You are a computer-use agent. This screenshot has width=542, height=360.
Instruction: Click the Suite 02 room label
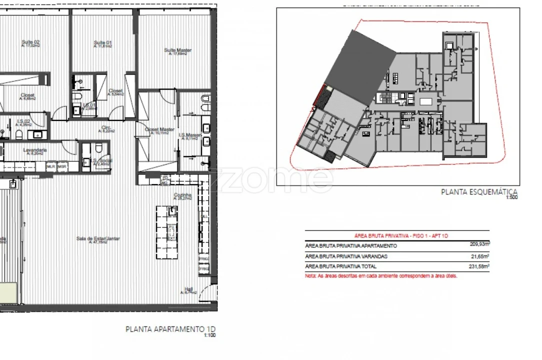tap(30, 42)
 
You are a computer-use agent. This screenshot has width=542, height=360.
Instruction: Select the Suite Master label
tap(178, 50)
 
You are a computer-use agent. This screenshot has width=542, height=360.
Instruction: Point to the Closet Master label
tap(159, 129)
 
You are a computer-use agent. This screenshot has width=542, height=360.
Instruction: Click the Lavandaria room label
tap(34, 150)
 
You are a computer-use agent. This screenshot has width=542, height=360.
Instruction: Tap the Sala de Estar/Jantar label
tap(98, 239)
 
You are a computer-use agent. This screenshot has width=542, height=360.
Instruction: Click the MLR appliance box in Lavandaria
tap(50, 166)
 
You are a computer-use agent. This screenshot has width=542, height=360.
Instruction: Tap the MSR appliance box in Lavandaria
tap(62, 166)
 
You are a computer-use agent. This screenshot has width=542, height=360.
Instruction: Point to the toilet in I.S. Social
tap(98, 148)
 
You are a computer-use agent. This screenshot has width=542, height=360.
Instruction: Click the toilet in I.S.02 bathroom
tap(18, 134)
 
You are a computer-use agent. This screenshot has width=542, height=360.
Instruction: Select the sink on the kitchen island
tap(172, 211)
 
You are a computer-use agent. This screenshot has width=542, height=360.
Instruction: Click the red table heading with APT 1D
tap(397, 235)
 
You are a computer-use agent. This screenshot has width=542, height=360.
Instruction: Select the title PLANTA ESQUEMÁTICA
tap(479, 191)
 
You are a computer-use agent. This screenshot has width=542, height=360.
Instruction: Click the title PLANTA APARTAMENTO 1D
tap(171, 329)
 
